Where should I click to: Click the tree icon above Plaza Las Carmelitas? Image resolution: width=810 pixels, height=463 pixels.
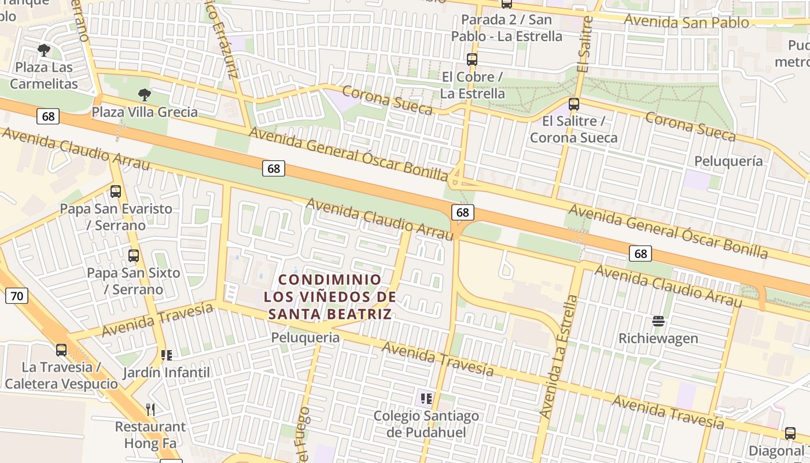(x=43, y=50)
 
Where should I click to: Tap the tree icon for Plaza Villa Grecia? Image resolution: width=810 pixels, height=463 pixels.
(x=145, y=94)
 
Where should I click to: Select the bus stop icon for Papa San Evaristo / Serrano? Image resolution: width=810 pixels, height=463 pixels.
(x=116, y=191)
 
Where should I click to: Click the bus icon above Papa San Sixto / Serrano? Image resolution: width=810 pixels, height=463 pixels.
(x=134, y=255)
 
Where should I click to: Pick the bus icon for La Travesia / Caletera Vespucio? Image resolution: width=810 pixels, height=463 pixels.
(x=61, y=350)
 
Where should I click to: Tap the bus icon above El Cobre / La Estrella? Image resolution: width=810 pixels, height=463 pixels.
(x=472, y=60)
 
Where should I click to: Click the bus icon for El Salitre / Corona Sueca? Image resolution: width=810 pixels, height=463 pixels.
(x=574, y=104)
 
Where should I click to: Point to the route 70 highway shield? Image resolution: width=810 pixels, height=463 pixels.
(x=17, y=296)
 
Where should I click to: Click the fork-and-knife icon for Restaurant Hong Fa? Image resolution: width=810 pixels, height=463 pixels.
(x=150, y=410)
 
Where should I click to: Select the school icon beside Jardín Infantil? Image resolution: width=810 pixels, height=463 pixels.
(x=167, y=355)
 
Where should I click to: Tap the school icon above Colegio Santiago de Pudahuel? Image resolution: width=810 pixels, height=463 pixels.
(x=426, y=398)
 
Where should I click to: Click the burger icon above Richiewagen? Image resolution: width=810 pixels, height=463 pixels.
(x=658, y=321)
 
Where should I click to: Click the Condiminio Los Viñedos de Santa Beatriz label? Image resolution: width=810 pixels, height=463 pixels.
(x=330, y=297)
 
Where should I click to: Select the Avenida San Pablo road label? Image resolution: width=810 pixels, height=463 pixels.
(x=687, y=22)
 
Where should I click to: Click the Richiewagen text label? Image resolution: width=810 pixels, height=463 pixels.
(x=658, y=338)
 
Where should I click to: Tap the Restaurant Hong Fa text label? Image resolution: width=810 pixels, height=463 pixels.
(x=150, y=435)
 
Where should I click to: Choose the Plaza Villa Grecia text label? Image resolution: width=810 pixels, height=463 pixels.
(x=145, y=112)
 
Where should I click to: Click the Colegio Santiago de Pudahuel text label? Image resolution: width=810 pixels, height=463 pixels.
(x=426, y=424)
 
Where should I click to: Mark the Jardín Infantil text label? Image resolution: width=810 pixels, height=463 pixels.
(x=167, y=372)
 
